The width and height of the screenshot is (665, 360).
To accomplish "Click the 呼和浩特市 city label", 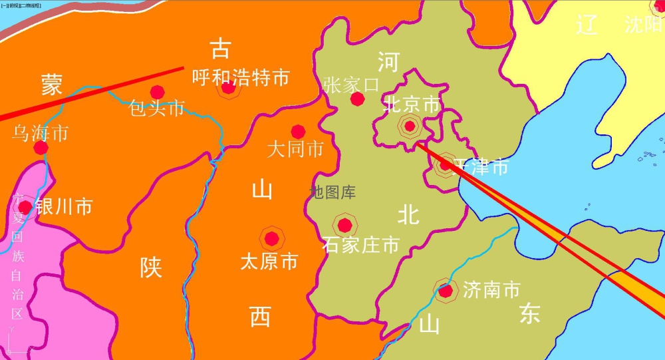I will point(240,78).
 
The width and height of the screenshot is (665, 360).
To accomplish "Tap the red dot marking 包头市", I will point(158,92).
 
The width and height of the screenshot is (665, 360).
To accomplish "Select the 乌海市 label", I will point(41,133).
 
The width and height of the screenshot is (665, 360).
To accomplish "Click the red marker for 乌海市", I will point(41,148).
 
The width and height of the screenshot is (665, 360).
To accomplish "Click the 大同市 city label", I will point(295,148).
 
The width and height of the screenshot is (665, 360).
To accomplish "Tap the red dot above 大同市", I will point(298,132).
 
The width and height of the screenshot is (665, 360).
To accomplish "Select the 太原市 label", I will point(269,261).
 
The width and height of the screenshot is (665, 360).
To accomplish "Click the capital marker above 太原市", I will point(271,238).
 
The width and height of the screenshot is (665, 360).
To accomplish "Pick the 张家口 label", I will point(352,85).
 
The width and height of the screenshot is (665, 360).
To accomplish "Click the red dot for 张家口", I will point(357,99).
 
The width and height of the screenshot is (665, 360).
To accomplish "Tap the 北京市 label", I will point(412,104).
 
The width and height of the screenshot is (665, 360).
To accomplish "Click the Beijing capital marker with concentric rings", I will point(410,125).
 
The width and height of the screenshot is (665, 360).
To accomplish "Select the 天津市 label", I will point(481,166).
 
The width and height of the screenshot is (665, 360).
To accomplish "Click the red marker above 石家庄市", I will point(344,225).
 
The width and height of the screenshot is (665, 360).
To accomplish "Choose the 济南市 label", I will point(491,289).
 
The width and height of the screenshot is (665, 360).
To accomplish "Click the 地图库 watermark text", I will point(332,193).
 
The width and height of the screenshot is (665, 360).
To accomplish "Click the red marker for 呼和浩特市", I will point(228,88).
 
